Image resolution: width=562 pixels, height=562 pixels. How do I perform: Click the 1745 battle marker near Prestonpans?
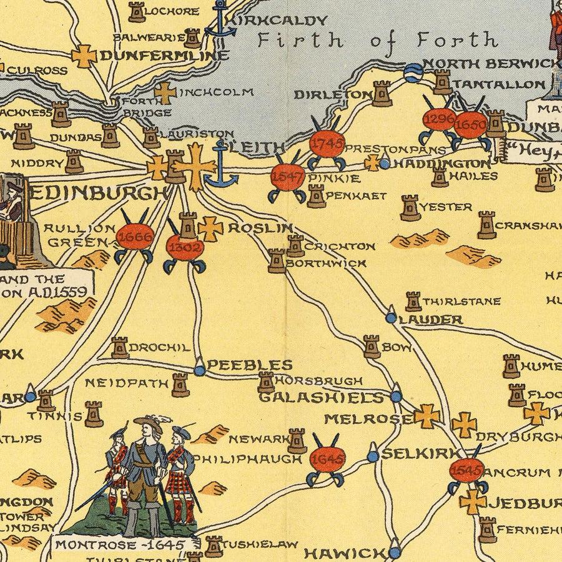[x=327, y=144]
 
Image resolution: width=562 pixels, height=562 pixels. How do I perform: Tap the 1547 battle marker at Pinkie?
[x=288, y=177]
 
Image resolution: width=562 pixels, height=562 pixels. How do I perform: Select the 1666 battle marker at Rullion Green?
[x=134, y=237]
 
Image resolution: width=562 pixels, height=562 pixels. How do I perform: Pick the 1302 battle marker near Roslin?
[x=185, y=247]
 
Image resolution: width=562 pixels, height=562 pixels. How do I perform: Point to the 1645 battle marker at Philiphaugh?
[x=327, y=460]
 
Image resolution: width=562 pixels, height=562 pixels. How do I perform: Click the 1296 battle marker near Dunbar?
[x=438, y=119]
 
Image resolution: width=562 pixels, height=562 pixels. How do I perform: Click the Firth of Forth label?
[x=378, y=41]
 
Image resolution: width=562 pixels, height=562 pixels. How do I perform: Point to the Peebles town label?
[x=249, y=365]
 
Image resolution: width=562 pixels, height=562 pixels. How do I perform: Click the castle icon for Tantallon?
[x=442, y=82]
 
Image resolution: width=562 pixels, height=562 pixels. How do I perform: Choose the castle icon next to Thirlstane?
[x=413, y=301]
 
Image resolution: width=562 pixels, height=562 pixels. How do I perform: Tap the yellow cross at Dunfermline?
[x=84, y=56]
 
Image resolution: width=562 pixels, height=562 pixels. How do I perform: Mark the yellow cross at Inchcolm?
[x=165, y=93]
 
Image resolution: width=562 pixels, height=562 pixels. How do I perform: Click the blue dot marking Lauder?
[x=391, y=317]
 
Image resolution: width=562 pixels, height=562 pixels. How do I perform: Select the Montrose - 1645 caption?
[x=119, y=545]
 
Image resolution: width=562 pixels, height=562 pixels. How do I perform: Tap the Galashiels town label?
[x=321, y=397]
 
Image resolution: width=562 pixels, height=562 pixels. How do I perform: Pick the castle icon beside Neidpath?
[x=180, y=385]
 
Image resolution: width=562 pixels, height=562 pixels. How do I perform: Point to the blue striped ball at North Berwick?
[x=413, y=73]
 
